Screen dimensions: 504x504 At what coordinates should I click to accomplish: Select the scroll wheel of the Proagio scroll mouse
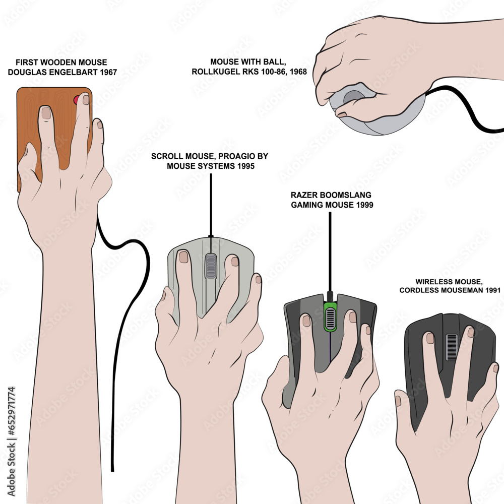pyautogui.click(x=211, y=266)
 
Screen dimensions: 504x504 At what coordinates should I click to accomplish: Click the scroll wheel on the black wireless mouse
pyautogui.click(x=452, y=347)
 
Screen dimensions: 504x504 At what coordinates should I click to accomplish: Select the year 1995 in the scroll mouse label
pyautogui.click(x=244, y=165)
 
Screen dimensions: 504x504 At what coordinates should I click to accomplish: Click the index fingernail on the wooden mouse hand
pyautogui.click(x=46, y=113)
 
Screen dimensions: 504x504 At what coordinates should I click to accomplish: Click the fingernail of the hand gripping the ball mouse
pyautogui.click(x=342, y=114)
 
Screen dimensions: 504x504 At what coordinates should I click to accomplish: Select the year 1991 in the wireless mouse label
pyautogui.click(x=491, y=290)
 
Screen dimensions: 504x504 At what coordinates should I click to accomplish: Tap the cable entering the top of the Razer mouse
pyautogui.click(x=330, y=252)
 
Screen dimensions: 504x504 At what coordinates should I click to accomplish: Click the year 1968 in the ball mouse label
pyautogui.click(x=296, y=72)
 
